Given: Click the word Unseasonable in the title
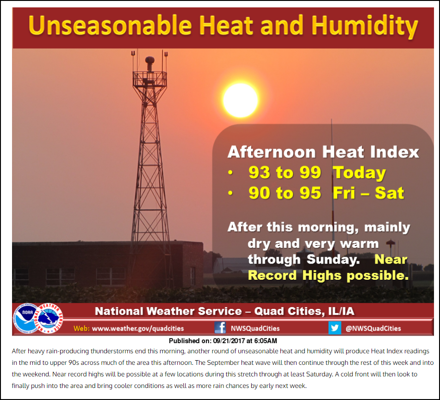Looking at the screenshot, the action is click(x=110, y=25).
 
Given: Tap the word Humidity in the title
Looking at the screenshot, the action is click(x=365, y=27).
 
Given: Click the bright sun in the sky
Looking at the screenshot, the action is click(x=241, y=100).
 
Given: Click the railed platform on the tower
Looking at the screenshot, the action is click(x=150, y=79).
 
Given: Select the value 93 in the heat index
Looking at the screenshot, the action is click(x=259, y=172).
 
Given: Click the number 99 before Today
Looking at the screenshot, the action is click(x=310, y=172).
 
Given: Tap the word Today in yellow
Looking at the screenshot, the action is click(x=359, y=173).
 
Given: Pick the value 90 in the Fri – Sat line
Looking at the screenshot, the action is click(x=259, y=193).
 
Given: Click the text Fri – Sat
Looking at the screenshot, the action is click(x=368, y=193).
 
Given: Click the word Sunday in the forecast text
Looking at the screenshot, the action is click(x=333, y=260).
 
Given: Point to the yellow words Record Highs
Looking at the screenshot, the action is click(x=295, y=276).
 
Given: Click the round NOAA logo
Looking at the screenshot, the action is click(x=26, y=318).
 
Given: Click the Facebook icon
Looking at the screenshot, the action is click(x=220, y=327).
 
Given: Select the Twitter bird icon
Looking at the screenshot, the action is click(x=335, y=328).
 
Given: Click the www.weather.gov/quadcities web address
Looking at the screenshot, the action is click(x=138, y=328).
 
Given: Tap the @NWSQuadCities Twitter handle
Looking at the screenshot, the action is click(x=373, y=328).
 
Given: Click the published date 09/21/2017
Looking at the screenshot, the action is click(x=229, y=341).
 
